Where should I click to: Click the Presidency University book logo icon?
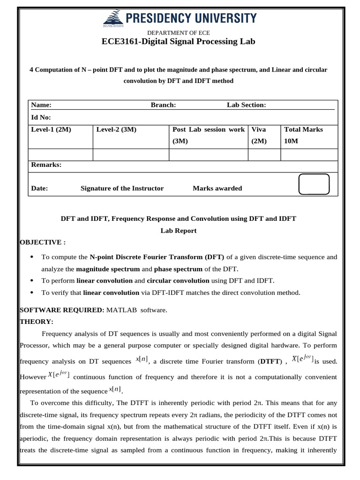click(111, 19)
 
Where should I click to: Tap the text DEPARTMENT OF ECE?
click(179, 32)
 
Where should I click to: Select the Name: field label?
click(41, 105)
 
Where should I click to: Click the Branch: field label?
click(163, 105)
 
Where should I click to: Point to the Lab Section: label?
click(246, 105)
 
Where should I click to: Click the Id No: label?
click(41, 117)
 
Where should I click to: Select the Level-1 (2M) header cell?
click(51, 129)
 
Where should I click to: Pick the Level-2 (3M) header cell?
click(116, 129)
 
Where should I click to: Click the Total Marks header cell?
click(303, 129)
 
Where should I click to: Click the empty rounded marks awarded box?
click(314, 184)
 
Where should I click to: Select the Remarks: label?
click(46, 165)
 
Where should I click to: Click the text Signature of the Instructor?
click(122, 188)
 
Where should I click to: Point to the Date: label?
click(39, 188)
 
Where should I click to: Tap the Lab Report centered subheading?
click(179, 231)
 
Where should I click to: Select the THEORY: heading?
click(37, 322)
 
